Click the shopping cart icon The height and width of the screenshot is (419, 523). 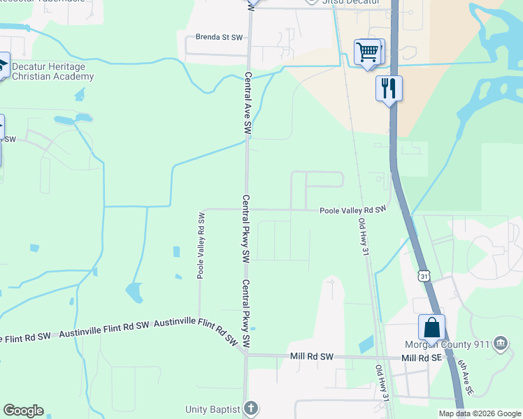click(368, 52)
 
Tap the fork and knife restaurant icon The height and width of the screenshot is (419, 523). click(389, 89)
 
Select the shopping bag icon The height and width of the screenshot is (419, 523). click(431, 328)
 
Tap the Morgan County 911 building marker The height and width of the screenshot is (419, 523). click(500, 344)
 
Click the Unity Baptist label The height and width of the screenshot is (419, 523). click(213, 409)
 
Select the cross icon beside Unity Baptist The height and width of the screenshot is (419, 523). click(252, 409)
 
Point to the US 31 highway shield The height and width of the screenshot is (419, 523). click(424, 277)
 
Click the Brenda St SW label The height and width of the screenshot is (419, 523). click(209, 36)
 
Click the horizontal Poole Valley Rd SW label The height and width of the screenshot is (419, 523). click(353, 209)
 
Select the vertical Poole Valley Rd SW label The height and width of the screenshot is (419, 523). click(201, 245)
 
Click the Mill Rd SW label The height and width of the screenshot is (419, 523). click(311, 357)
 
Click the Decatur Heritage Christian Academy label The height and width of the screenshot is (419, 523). click(53, 71)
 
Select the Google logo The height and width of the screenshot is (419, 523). click(23, 411)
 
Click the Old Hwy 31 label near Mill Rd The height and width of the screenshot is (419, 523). click(382, 382)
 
